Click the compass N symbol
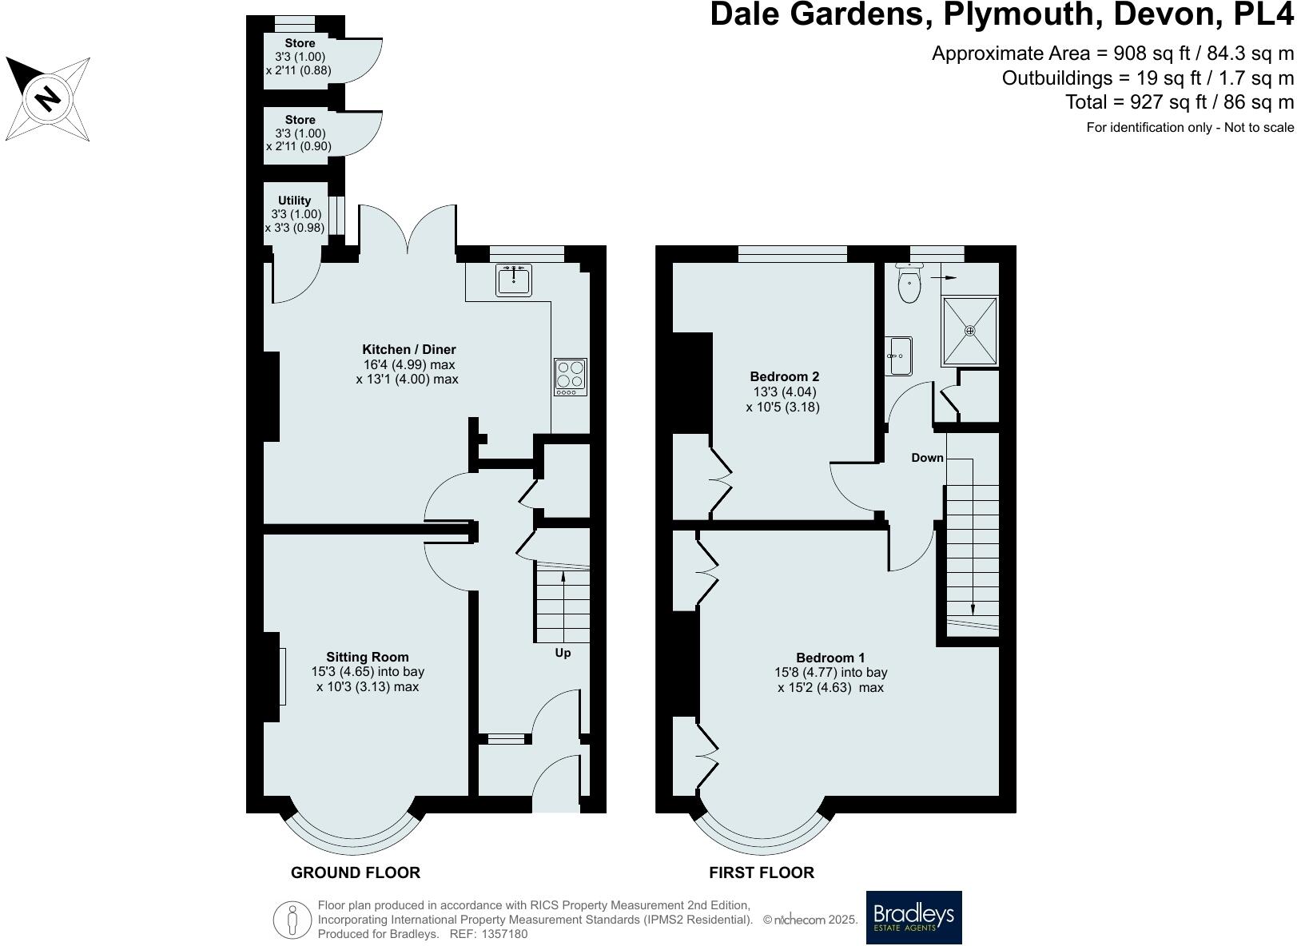pyautogui.click(x=48, y=97)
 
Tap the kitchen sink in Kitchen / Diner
pyautogui.click(x=513, y=280)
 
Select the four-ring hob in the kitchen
pyautogui.click(x=571, y=376)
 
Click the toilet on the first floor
pyautogui.click(x=909, y=284)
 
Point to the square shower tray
pyautogui.click(x=970, y=330)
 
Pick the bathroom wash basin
pyautogui.click(x=899, y=356)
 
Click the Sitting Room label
pyautogui.click(x=367, y=658)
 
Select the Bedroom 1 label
pyautogui.click(x=830, y=658)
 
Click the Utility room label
pyautogui.click(x=294, y=201)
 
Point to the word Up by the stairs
pyautogui.click(x=563, y=653)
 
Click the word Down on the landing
pyautogui.click(x=927, y=458)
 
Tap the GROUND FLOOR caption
pyautogui.click(x=355, y=872)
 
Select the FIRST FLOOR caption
pyautogui.click(x=761, y=872)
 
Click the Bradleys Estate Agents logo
pyautogui.click(x=913, y=917)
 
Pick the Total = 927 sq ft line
pyautogui.click(x=1179, y=102)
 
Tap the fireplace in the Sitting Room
pyautogui.click(x=281, y=677)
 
